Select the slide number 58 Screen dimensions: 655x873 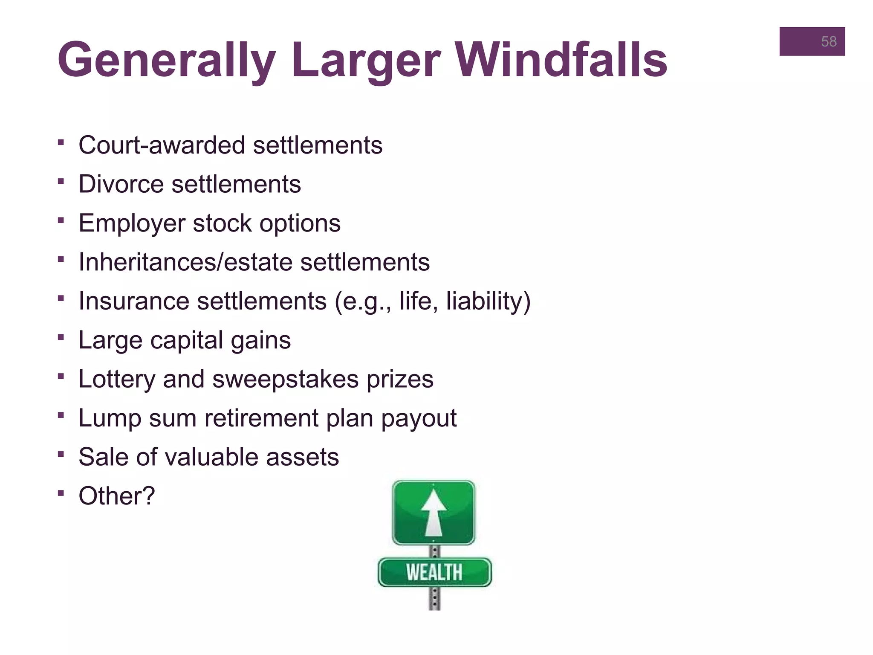829,41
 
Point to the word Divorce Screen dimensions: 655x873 121,184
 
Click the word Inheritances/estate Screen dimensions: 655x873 185,262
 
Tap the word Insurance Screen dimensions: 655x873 134,301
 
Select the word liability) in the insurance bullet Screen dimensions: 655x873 488,301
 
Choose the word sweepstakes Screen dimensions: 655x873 286,379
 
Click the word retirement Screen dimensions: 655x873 261,418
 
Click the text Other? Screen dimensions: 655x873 117,496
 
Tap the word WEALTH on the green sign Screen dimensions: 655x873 434,572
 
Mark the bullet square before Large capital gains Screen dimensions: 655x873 61,337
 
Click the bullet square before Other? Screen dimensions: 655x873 61,493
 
